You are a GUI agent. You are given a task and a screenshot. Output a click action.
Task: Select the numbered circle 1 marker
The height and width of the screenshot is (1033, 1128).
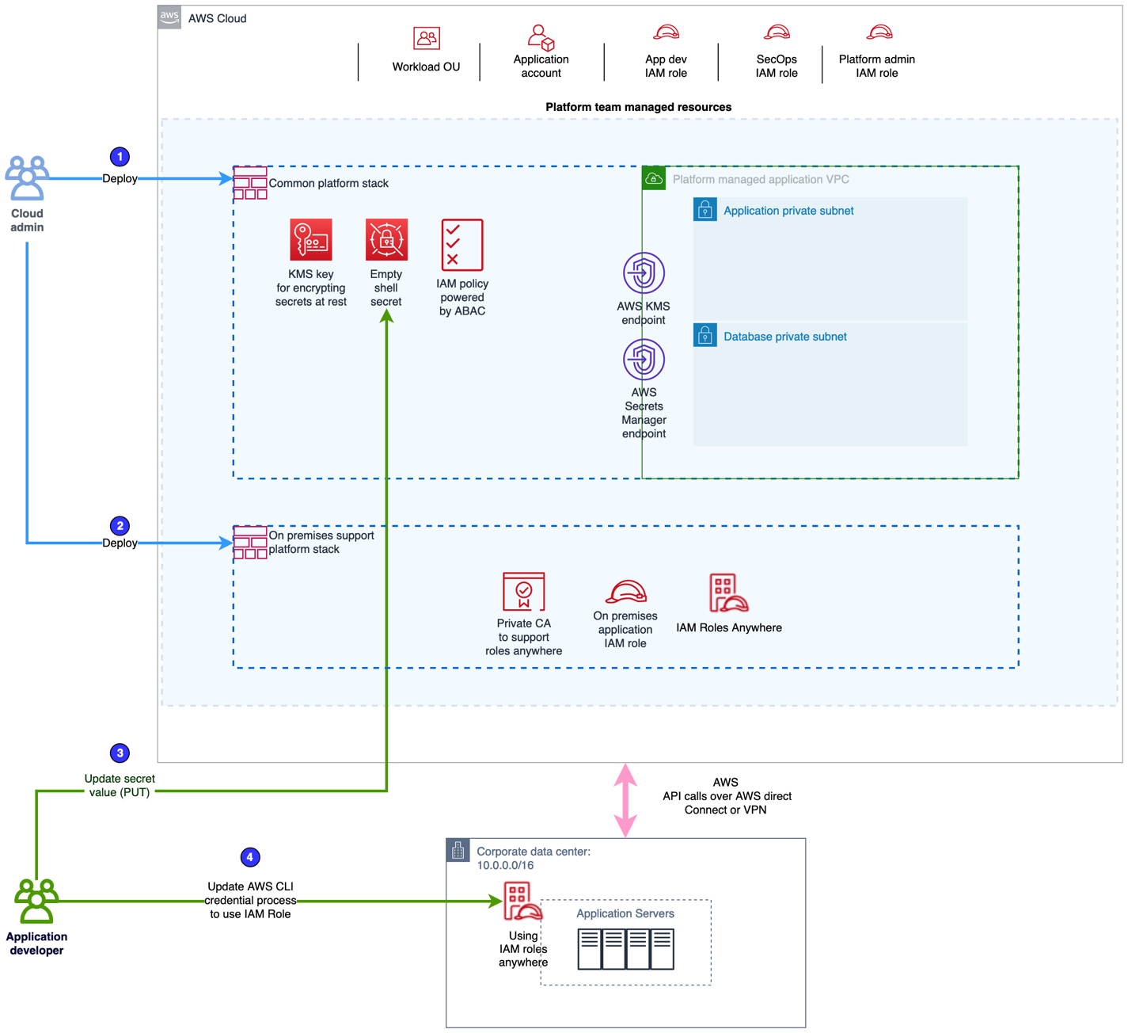[120, 157]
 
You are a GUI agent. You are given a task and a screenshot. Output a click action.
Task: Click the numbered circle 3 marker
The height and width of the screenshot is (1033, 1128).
[120, 753]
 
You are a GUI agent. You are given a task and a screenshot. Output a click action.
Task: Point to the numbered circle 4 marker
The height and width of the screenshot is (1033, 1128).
[249, 857]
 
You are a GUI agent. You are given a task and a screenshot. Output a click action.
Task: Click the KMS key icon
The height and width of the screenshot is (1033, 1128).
[310, 239]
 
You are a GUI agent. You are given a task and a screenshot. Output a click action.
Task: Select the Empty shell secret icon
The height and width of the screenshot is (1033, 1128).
[386, 239]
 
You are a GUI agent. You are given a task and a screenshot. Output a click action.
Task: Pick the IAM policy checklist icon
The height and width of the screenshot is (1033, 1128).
[461, 245]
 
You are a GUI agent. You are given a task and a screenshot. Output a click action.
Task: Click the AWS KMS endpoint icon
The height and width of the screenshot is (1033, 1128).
[644, 273]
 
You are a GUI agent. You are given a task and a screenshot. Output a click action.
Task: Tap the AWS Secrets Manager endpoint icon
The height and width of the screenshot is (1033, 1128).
[644, 360]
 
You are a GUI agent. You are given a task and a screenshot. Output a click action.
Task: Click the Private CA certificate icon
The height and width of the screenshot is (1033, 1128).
[523, 591]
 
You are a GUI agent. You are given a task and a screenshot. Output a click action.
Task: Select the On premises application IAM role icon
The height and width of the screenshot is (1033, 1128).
[625, 591]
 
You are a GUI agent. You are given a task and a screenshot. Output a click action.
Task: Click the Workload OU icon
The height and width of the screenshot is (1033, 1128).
[426, 38]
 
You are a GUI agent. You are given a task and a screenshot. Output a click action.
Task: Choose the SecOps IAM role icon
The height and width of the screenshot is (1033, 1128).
[777, 32]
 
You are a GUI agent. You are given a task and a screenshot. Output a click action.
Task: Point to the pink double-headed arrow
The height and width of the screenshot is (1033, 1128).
[625, 800]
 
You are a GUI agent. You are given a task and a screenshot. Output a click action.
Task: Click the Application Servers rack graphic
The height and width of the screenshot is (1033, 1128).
[625, 949]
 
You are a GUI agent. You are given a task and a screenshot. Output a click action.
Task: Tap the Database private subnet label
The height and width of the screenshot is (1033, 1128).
[784, 337]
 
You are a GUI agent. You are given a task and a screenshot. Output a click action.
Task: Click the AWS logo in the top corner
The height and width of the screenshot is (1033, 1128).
[169, 17]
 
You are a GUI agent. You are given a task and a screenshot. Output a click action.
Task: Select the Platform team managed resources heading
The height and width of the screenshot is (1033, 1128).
[638, 107]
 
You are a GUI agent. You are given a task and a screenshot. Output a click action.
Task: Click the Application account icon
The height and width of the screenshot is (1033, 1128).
[541, 36]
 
